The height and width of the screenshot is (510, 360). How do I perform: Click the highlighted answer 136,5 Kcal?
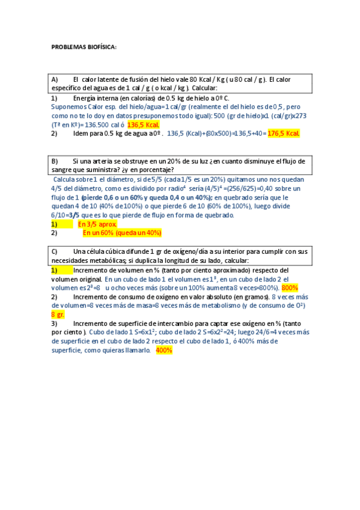[x=144, y=124]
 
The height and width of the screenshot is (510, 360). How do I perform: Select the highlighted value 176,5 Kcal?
[x=283, y=133]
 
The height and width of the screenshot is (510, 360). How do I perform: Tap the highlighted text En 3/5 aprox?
[x=97, y=224]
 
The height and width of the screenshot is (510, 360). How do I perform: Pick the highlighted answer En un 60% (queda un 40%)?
[x=122, y=232]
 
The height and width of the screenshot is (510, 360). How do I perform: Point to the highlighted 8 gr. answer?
[x=58, y=314]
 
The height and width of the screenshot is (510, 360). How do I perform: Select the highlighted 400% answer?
[x=164, y=350]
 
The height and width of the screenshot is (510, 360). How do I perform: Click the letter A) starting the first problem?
[x=55, y=79]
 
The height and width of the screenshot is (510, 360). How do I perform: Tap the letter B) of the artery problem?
[x=55, y=161]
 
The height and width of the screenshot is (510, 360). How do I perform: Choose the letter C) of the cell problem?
[x=55, y=251]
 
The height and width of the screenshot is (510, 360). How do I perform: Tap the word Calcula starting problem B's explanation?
[x=65, y=179]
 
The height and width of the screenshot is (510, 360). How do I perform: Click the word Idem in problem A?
[x=81, y=134]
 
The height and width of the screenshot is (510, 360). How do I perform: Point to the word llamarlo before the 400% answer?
[x=135, y=350]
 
